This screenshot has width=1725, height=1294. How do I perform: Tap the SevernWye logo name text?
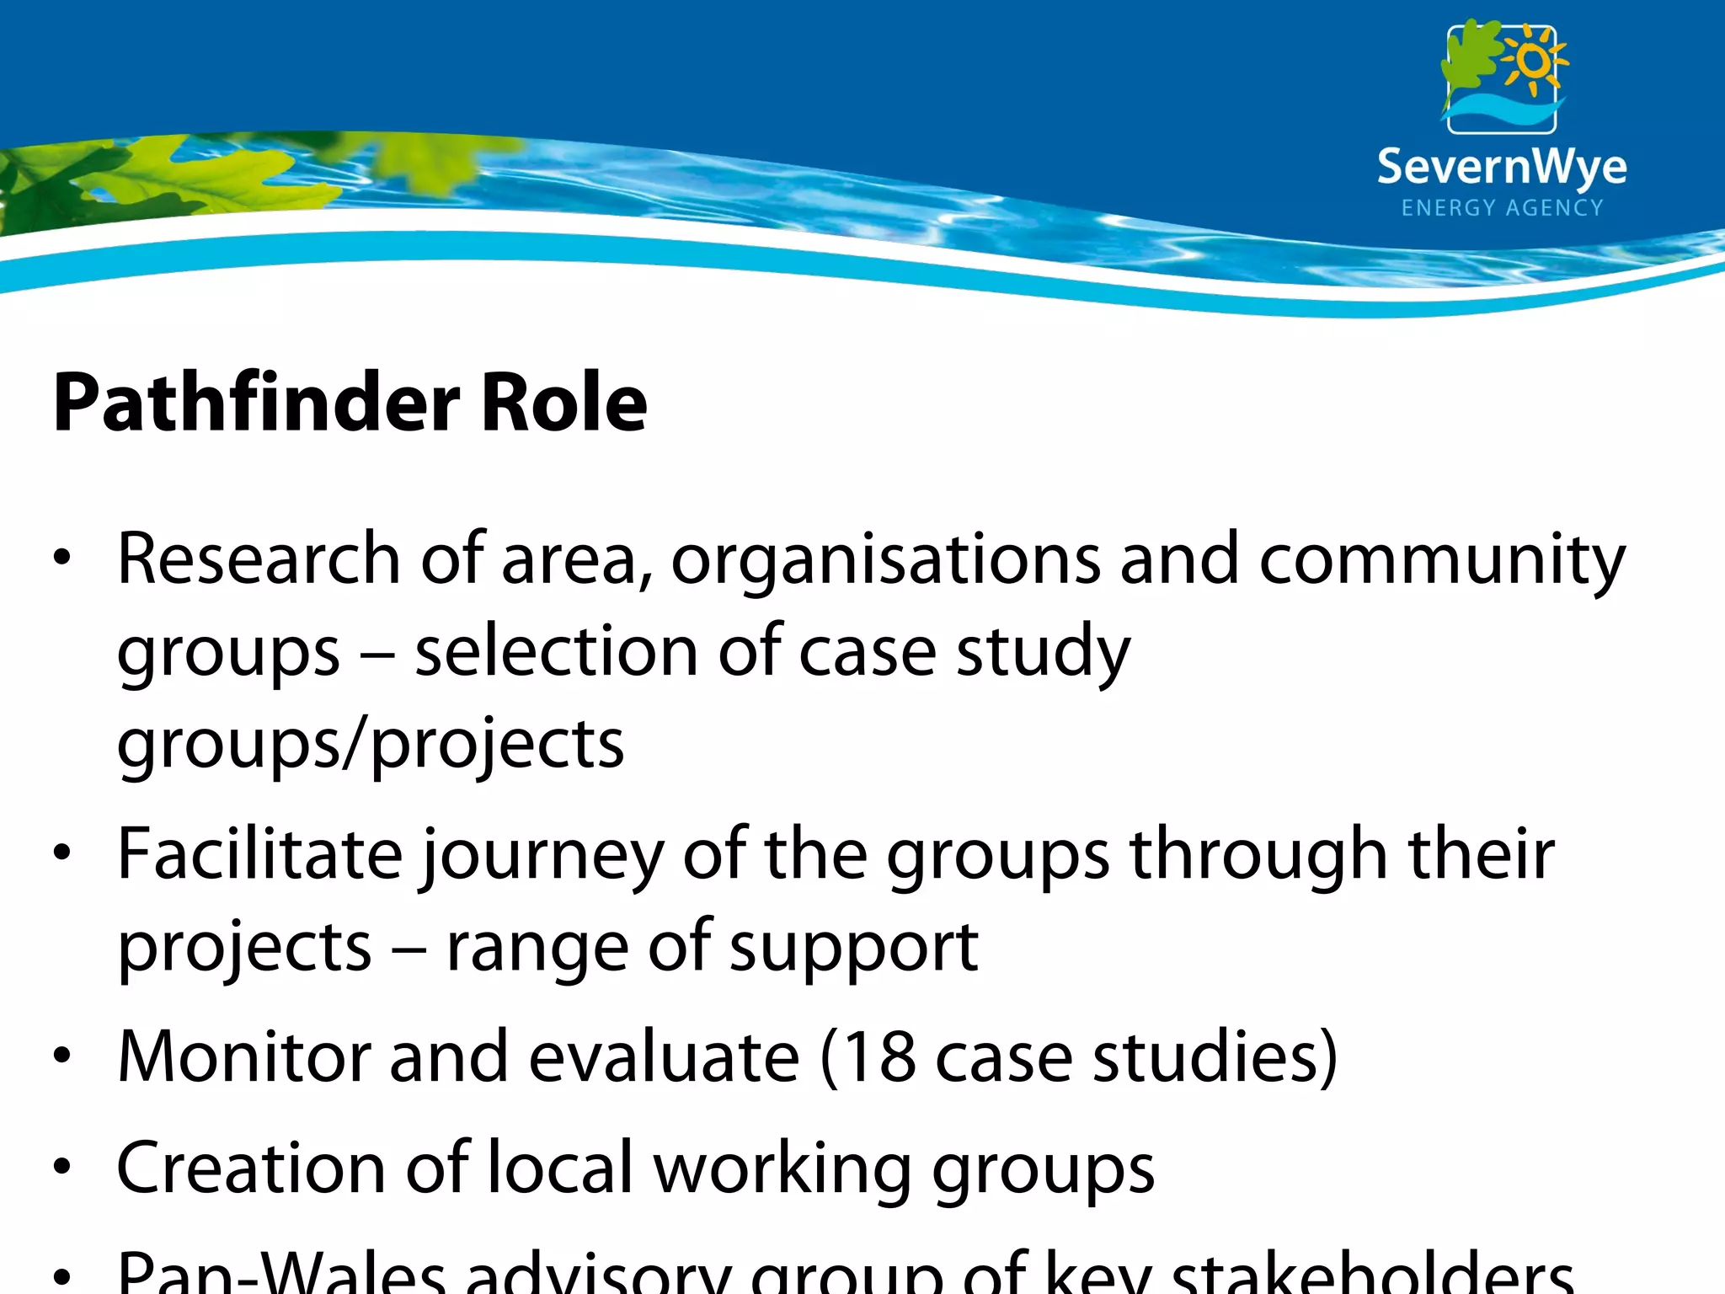coord(1502,167)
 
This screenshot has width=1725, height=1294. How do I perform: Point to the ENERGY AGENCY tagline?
coord(1502,208)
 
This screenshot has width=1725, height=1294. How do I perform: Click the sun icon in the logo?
coord(1534,61)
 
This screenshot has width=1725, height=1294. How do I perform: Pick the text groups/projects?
coord(371,746)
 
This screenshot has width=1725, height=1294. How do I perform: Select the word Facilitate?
coord(260,854)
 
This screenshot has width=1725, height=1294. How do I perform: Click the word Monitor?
coord(244,1056)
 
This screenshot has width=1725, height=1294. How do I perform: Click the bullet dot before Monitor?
coord(61,1056)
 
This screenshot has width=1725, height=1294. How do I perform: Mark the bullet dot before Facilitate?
coord(61,854)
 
